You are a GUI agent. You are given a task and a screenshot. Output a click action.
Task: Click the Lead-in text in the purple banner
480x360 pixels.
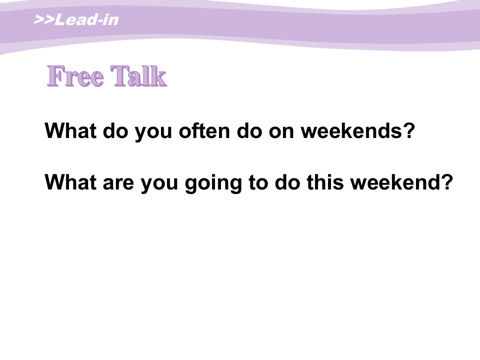pyautogui.click(x=86, y=20)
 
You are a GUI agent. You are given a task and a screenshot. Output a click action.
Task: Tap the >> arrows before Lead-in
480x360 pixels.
pyautogui.click(x=44, y=20)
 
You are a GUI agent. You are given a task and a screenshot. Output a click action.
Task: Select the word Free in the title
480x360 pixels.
pyautogui.click(x=75, y=76)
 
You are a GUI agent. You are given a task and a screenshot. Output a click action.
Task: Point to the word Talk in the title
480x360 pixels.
pyautogui.click(x=138, y=76)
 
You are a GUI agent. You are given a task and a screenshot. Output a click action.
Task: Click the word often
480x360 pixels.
pyautogui.click(x=204, y=130)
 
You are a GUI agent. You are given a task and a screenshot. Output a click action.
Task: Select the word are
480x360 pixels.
pyautogui.click(x=118, y=183)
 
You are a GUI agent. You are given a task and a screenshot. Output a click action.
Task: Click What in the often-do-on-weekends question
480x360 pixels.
pyautogui.click(x=70, y=130)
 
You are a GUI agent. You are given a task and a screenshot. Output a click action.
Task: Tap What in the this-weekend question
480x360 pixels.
pyautogui.click(x=70, y=182)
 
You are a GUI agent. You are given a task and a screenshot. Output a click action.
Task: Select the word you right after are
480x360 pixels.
pyautogui.click(x=159, y=185)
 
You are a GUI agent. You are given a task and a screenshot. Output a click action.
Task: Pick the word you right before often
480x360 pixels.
pyautogui.click(x=153, y=133)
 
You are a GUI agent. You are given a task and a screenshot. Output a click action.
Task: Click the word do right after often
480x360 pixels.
pyautogui.click(x=249, y=130)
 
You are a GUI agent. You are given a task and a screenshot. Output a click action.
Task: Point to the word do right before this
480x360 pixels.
pyautogui.click(x=287, y=182)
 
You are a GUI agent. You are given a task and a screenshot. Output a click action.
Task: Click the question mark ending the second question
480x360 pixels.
pyautogui.click(x=447, y=182)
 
